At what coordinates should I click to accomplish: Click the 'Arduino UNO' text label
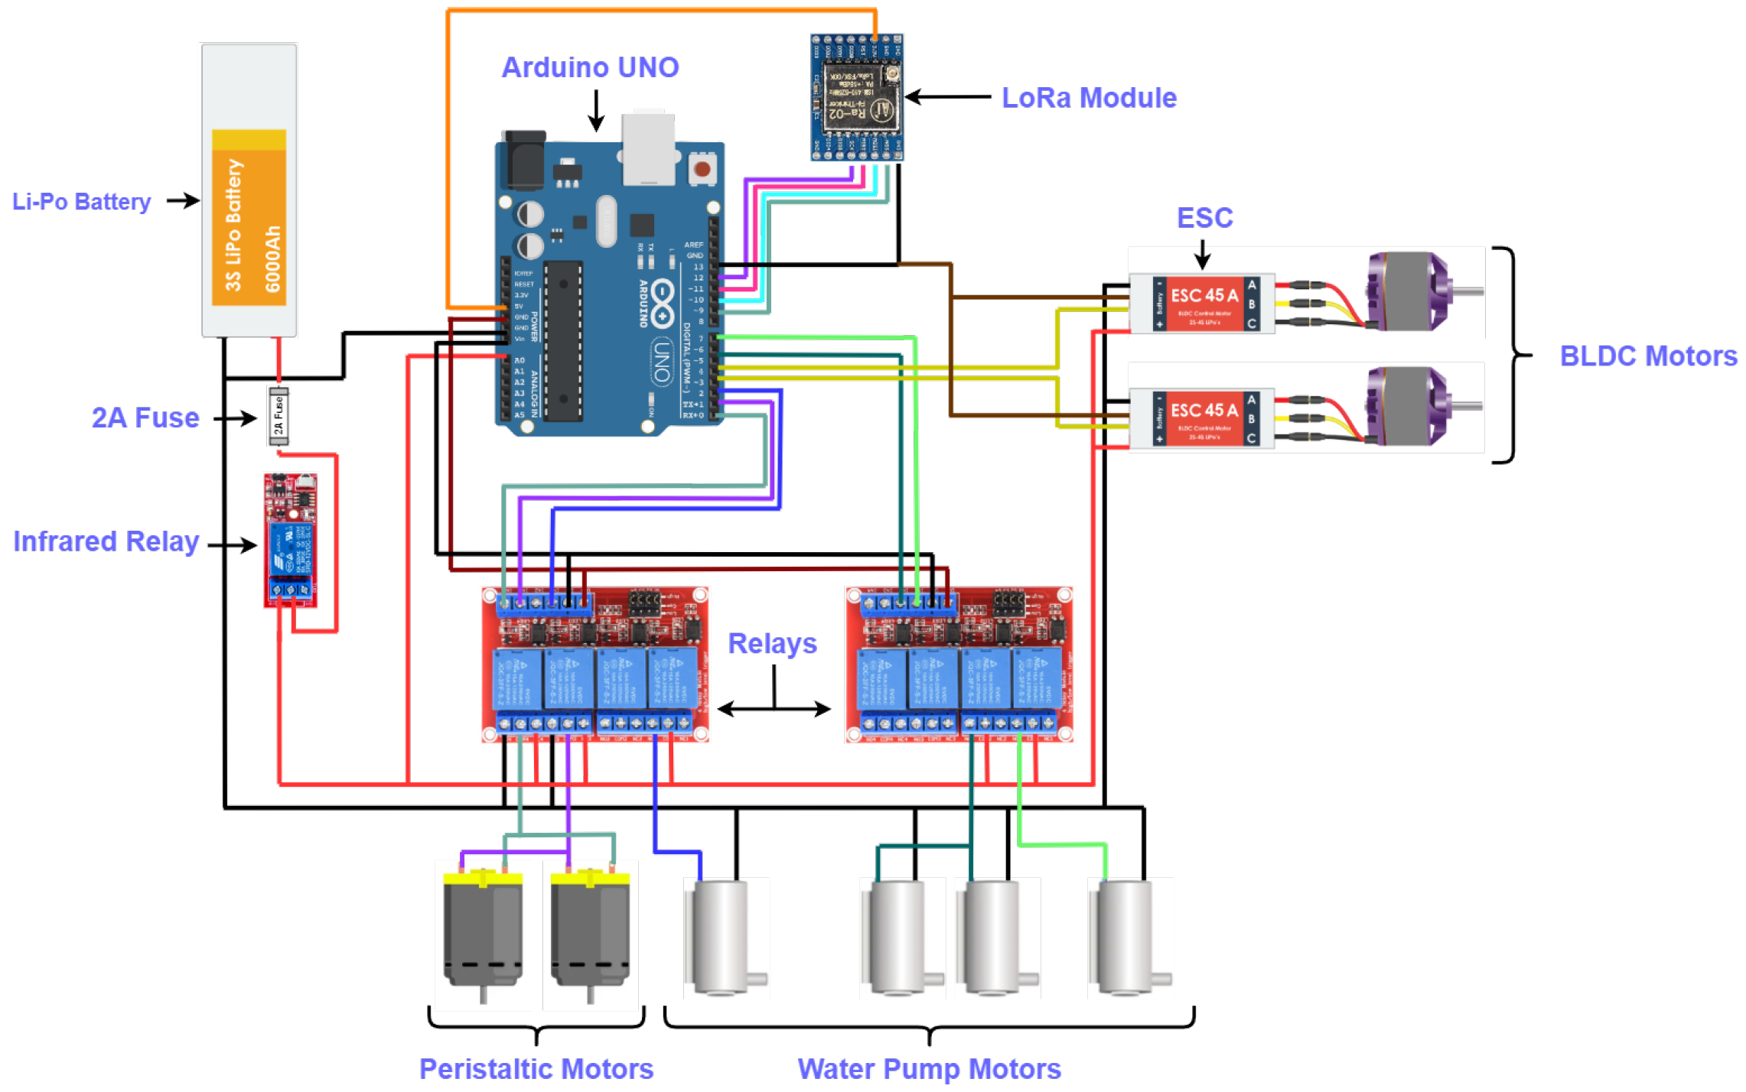(590, 67)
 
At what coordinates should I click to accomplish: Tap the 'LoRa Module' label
(1088, 98)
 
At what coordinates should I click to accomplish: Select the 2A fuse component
(279, 416)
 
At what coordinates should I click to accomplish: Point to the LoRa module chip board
(857, 97)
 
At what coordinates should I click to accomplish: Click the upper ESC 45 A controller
(1202, 304)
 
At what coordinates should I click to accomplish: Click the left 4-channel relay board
(595, 664)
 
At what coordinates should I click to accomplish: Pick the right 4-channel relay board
(959, 664)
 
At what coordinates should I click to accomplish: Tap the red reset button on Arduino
(702, 168)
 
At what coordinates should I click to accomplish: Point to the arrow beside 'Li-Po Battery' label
(183, 201)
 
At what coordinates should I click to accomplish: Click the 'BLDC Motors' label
(1647, 356)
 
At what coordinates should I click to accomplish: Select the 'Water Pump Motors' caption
(929, 1068)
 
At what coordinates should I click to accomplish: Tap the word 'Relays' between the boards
(771, 643)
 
